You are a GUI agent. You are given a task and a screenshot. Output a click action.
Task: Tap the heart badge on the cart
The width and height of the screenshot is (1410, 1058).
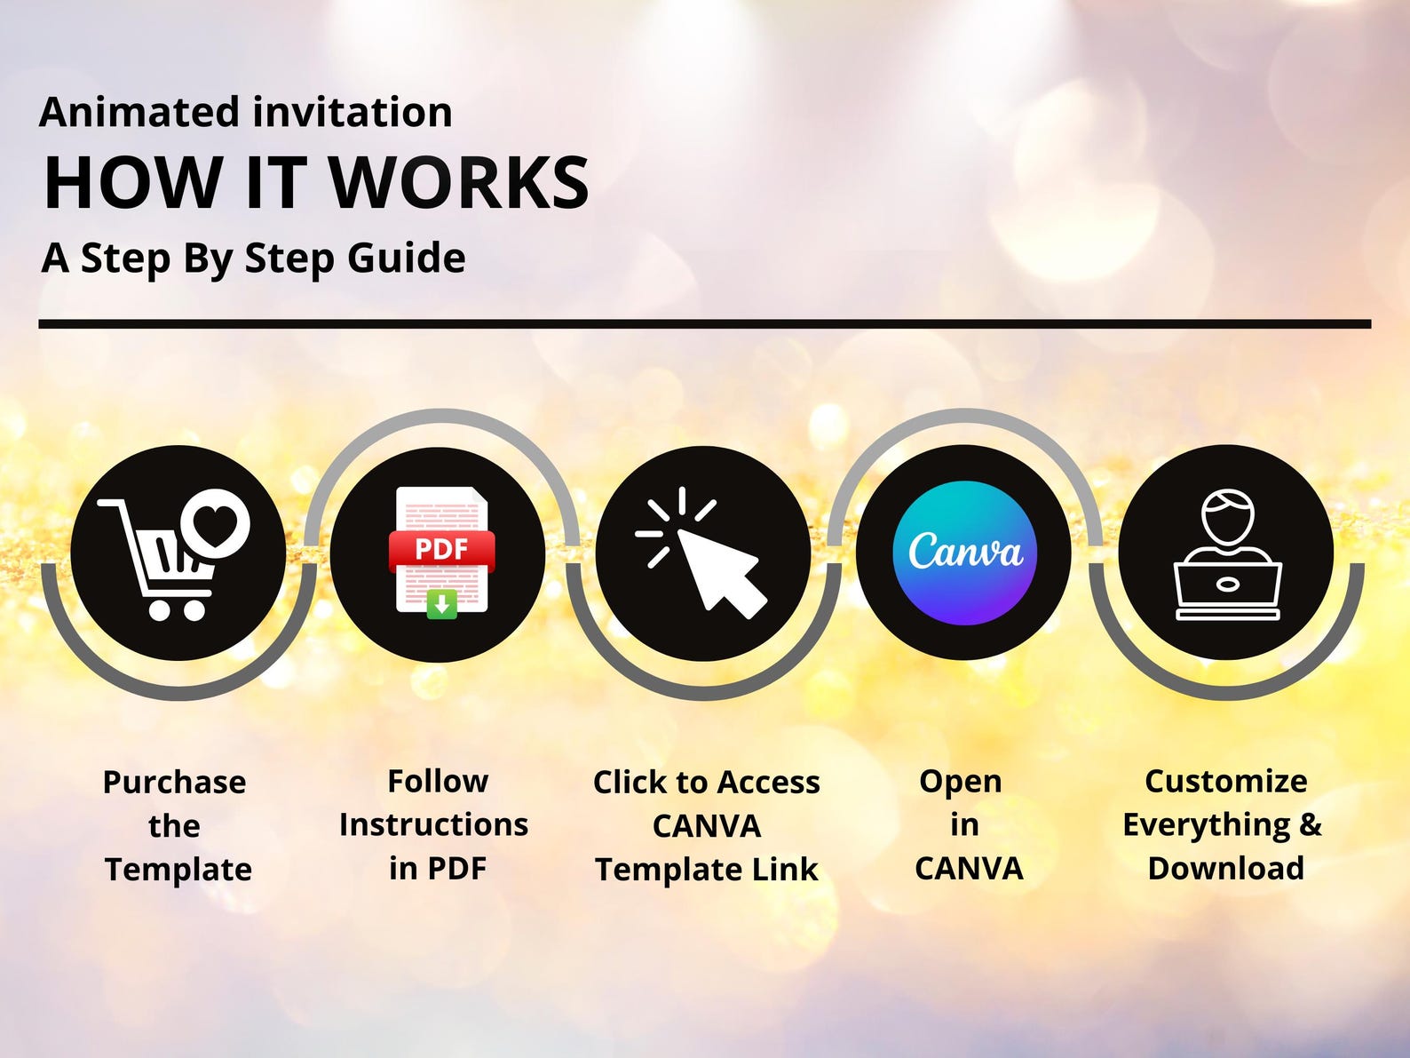tap(215, 522)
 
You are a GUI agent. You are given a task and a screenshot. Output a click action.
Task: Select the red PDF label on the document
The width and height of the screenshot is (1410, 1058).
tap(441, 551)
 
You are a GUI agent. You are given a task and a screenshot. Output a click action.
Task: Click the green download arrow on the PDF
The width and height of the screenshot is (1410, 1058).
tap(442, 604)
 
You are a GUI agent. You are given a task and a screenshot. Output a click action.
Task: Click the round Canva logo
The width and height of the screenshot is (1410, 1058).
tap(964, 553)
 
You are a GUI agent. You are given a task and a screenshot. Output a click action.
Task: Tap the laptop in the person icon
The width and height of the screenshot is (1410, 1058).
tap(1228, 591)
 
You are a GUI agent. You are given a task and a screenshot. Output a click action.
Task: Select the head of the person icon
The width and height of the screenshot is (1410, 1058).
tap(1228, 518)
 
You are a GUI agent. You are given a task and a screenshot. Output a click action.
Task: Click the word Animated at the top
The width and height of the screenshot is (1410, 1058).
tap(139, 112)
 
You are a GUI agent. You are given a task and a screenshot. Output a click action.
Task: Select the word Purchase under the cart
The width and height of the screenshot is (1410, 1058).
tap(174, 783)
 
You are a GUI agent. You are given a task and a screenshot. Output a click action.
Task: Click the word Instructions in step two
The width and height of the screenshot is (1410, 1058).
tap(433, 825)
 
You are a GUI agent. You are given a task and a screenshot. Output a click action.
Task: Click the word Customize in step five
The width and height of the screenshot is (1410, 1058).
tap(1225, 782)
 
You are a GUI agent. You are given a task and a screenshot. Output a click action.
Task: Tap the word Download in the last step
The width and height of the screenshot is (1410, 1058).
tap(1225, 869)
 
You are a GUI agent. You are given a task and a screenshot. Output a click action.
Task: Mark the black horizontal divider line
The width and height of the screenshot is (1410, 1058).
tap(705, 323)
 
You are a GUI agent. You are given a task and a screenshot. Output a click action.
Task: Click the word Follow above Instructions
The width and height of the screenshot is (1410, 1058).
tap(438, 782)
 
